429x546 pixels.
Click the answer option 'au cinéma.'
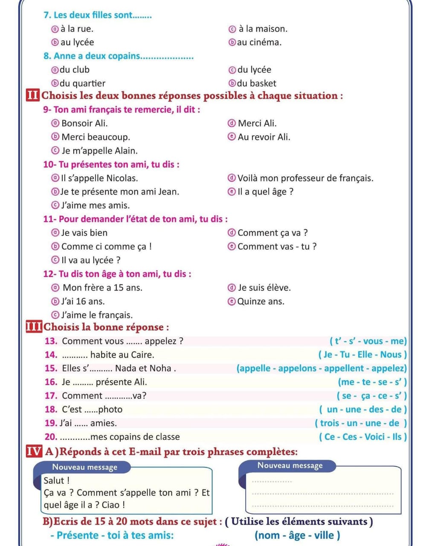259,42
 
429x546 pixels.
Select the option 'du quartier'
82,83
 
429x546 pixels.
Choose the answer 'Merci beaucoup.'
96,137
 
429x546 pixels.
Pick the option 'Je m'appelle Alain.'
99,151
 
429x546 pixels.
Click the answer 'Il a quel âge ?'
265,192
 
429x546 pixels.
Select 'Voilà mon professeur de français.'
305,178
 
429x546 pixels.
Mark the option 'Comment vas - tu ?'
277,246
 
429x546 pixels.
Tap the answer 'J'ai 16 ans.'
83,301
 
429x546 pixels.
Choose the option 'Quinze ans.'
261,301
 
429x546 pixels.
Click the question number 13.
51,341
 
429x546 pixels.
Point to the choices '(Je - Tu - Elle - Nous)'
362,354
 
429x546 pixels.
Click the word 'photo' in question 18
110,409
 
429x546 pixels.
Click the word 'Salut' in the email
54,480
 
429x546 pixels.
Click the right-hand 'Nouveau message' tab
290,465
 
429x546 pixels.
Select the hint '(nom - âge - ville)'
297,535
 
